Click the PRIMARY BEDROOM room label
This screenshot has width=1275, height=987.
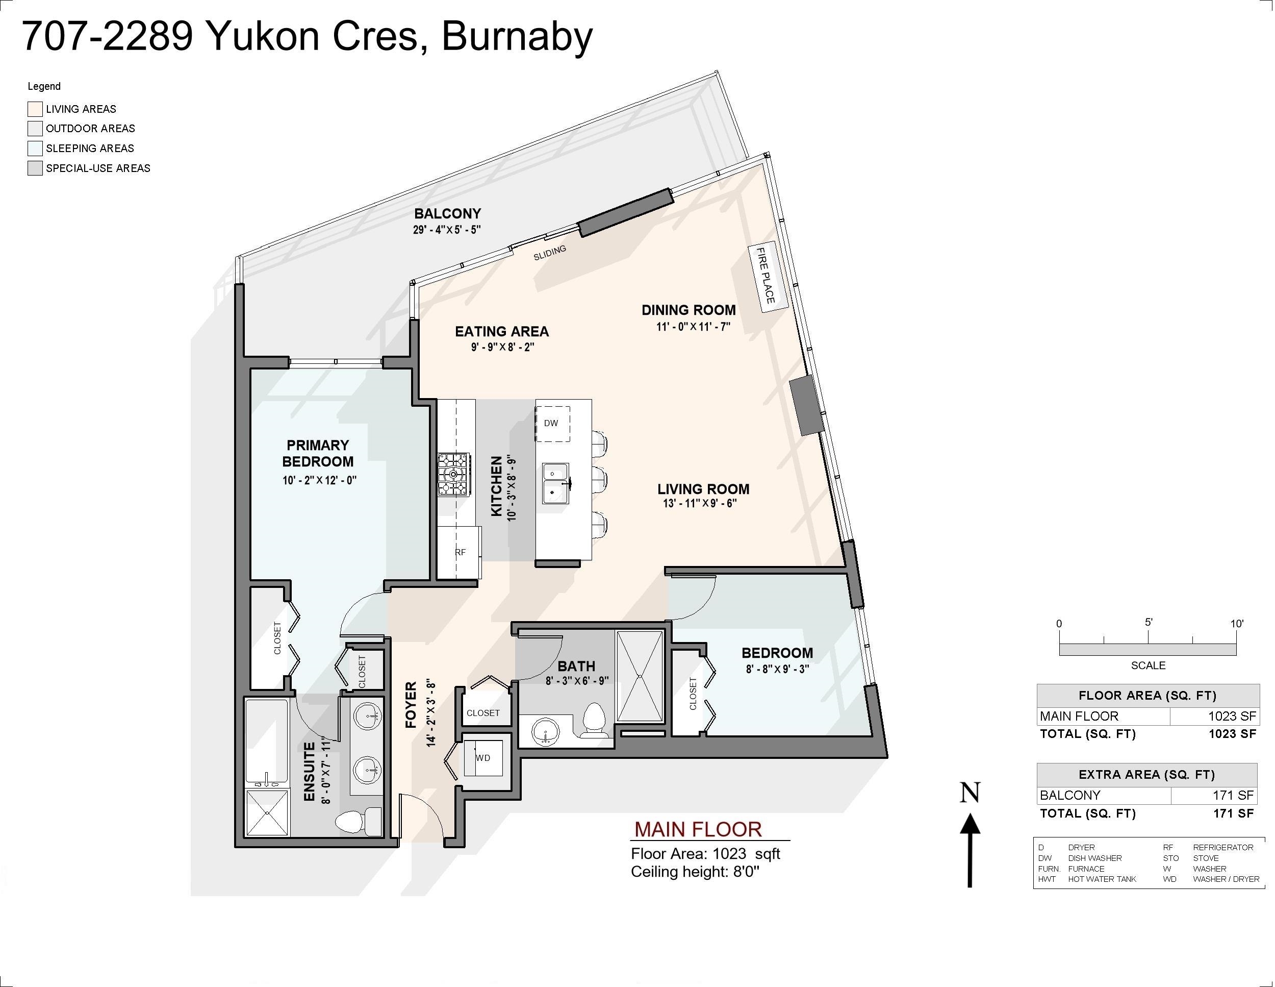coord(318,453)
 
